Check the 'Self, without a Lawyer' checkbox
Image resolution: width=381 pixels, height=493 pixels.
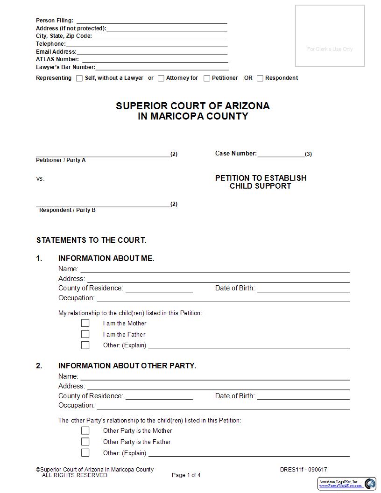[x=79, y=78]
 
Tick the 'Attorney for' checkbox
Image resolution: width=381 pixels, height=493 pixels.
[x=161, y=78]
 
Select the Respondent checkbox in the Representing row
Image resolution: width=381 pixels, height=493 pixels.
[x=260, y=78]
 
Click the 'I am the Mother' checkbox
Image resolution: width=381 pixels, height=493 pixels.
[x=85, y=323]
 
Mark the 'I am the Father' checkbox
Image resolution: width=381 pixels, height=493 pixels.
[x=85, y=334]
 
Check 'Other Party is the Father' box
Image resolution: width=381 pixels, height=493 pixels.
[x=85, y=442]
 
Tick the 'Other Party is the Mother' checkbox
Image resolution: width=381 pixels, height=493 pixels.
[x=85, y=430]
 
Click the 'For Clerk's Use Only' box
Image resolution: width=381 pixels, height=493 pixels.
[x=330, y=36]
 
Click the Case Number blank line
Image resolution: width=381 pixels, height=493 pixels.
[x=281, y=154]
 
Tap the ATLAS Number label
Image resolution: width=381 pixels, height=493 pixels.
[x=57, y=59]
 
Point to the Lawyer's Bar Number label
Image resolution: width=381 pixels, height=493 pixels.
[x=65, y=67]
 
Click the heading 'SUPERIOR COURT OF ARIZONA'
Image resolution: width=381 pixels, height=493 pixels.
[x=193, y=106]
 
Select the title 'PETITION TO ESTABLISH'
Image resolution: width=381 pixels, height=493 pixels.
[x=261, y=178]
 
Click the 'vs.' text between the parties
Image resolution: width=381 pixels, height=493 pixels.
[x=40, y=179]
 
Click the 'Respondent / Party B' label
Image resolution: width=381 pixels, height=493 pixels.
[x=67, y=210]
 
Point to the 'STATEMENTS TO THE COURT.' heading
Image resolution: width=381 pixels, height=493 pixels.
[x=91, y=240]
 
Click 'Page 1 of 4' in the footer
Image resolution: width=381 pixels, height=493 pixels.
[x=186, y=475]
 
